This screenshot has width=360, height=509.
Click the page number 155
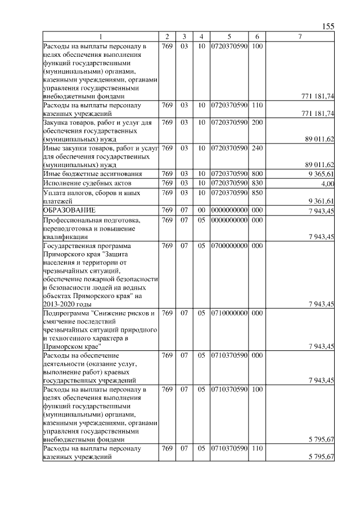(x=329, y=26)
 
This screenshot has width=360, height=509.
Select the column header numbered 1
(x=101, y=37)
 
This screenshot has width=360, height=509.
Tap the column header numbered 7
(x=300, y=37)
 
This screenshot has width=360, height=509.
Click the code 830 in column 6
(x=256, y=183)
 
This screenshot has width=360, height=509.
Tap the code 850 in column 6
(x=256, y=192)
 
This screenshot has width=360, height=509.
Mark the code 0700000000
(x=229, y=246)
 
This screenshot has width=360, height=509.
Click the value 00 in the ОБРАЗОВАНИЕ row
(x=201, y=210)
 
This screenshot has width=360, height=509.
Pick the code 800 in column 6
(x=256, y=174)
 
